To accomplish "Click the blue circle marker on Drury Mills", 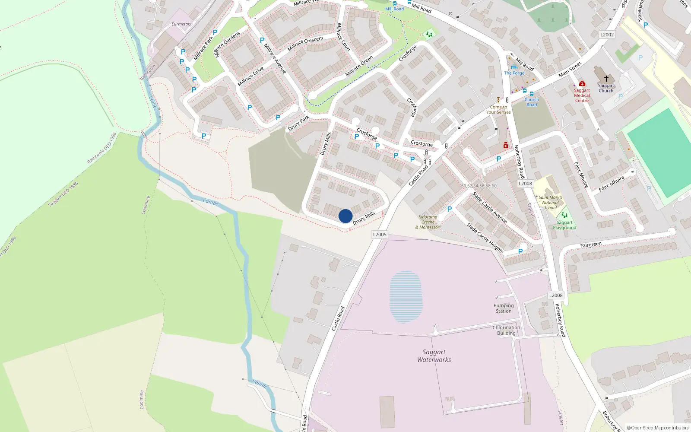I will point(345,216).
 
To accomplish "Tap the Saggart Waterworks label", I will point(434,356).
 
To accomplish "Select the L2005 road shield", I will point(380,235).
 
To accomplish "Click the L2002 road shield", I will point(607,35).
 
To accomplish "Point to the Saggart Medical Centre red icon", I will point(582,83).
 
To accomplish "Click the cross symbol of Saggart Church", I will point(606,78).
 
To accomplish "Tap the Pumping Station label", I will point(504,308).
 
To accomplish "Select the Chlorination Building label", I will point(506,330).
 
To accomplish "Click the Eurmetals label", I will point(181,24).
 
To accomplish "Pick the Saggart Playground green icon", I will point(564,215).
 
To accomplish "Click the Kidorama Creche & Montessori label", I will point(428,222).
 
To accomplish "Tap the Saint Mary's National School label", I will point(550,202).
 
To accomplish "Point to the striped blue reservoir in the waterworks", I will point(406,296).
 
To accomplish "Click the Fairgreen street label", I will point(591,245).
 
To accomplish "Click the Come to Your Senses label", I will point(498,109).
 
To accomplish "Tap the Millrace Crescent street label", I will point(305,43).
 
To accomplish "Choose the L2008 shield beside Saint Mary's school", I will point(525,184).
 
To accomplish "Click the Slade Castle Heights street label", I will point(485,238).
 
